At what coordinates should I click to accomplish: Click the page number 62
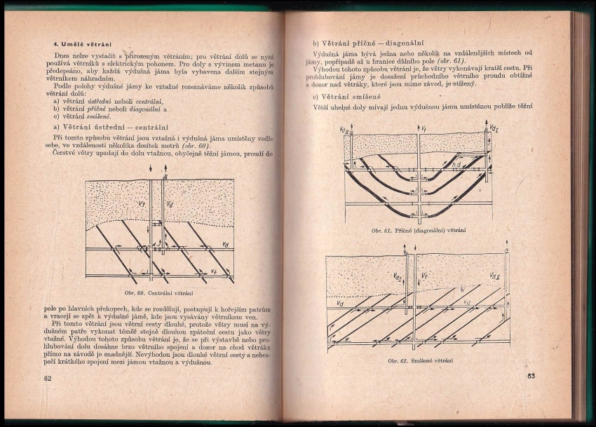[x=48, y=378]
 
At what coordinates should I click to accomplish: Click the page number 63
[x=531, y=377]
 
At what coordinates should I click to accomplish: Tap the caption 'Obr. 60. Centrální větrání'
[x=158, y=292]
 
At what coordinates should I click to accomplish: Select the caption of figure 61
[x=419, y=231]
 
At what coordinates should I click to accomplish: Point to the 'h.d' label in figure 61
[x=456, y=164]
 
